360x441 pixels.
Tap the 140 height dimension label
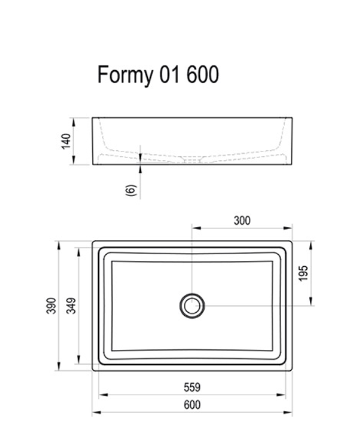(67, 141)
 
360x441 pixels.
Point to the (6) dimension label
(130, 189)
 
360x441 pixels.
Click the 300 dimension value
(242, 221)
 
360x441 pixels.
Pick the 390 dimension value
(51, 305)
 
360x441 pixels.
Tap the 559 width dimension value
(192, 387)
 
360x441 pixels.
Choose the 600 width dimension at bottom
(192, 405)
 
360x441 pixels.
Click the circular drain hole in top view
(192, 305)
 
